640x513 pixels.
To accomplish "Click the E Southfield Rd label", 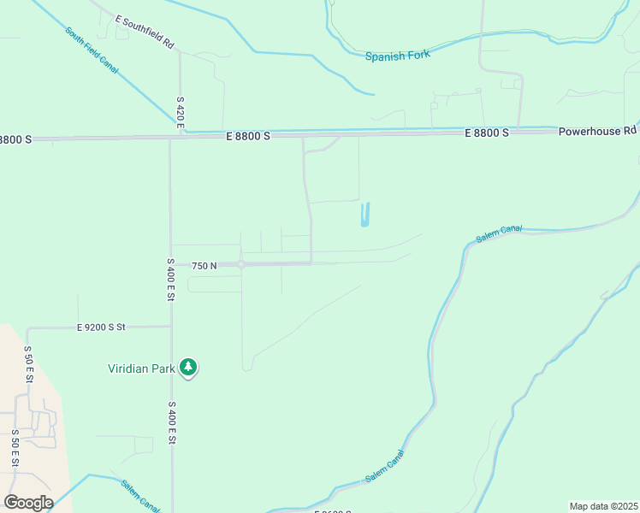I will click(x=145, y=31).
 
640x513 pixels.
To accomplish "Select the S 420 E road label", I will click(x=181, y=112).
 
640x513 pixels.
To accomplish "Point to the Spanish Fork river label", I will click(x=397, y=56).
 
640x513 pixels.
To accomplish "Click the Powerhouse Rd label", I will click(x=598, y=132).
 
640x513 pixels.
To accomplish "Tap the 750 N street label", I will click(x=204, y=266).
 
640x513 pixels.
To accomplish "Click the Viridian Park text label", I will click(x=142, y=369).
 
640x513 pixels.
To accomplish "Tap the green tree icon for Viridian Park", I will click(x=188, y=369).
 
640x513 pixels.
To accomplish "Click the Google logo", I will click(x=28, y=503).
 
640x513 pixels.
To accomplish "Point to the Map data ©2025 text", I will click(x=602, y=506).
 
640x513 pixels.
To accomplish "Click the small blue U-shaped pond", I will click(x=366, y=215).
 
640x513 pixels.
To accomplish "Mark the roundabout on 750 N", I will click(x=242, y=265).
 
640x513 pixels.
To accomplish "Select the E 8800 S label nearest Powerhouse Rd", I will click(x=487, y=133).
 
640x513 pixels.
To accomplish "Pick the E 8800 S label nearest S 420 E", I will click(x=248, y=136).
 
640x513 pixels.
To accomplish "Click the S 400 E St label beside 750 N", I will click(x=171, y=279).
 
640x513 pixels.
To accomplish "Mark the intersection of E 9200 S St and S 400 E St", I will click(x=170, y=326).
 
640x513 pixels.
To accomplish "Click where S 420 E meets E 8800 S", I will click(x=181, y=134).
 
